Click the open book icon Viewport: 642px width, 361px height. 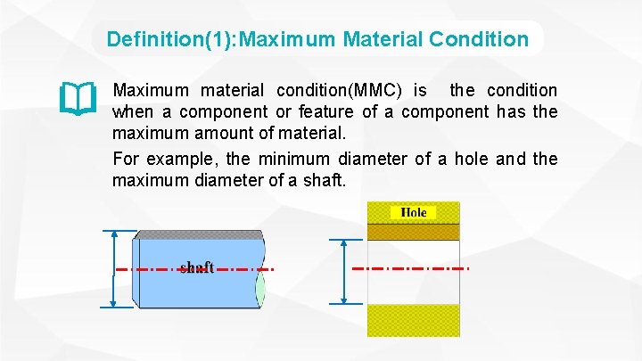coord(78,99)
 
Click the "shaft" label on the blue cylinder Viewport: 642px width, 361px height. coord(196,267)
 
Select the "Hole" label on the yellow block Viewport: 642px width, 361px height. coord(414,212)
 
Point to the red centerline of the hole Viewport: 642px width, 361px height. coord(410,267)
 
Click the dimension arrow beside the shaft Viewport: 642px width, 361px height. coord(113,268)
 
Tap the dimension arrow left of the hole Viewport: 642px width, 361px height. coord(343,272)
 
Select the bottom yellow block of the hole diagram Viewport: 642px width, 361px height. coord(414,321)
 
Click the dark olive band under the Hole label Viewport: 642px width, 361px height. coord(414,231)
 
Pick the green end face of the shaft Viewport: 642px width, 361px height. coord(260,287)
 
